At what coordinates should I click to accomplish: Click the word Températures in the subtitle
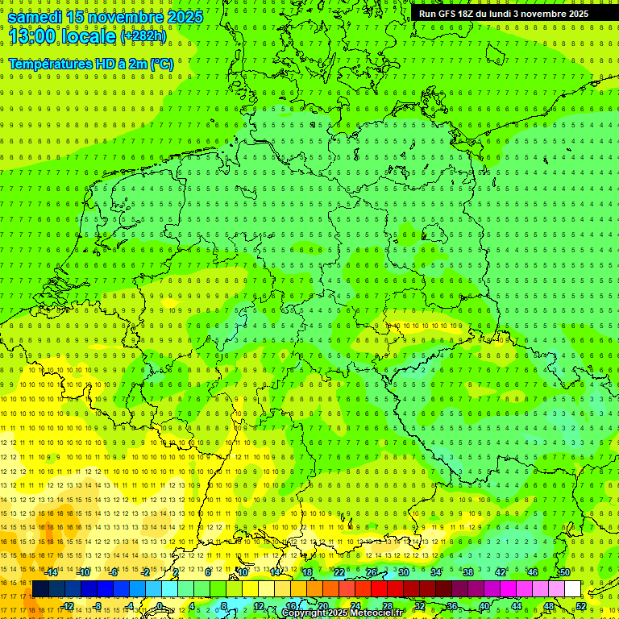(50, 64)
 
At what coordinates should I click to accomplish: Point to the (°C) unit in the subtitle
(161, 64)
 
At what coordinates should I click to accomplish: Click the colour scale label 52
(580, 606)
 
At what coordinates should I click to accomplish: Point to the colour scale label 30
(403, 572)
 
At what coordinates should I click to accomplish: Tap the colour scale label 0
(160, 606)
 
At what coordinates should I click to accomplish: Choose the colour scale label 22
(339, 572)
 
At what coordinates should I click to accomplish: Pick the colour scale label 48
(548, 606)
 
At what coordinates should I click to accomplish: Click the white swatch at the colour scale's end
(572, 589)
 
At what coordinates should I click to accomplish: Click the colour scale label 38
(467, 572)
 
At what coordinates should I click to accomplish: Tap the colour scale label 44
(516, 606)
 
